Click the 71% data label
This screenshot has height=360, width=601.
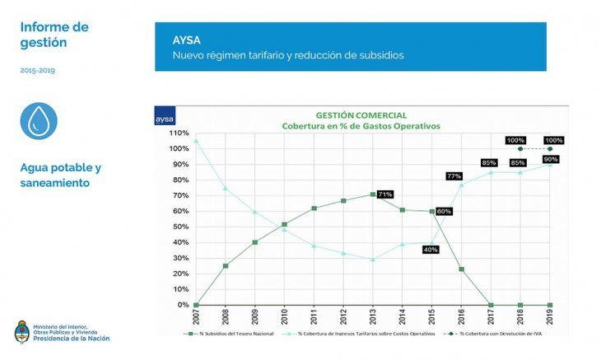pos(385,194)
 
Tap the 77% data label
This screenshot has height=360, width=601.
pos(454,175)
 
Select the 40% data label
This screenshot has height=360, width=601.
pos(430,249)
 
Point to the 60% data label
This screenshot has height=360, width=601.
pos(444,212)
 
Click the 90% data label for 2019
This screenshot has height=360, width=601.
pos(551,159)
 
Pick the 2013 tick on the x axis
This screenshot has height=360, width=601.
pos(373,315)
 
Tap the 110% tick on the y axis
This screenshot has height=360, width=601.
pos(179,133)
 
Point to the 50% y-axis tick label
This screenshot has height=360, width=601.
pos(180,227)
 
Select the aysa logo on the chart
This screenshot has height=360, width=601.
pos(165,119)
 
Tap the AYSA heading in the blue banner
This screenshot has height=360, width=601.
pos(185,40)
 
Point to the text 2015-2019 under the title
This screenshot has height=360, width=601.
pos(39,71)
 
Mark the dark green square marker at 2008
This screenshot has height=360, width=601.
pos(225,266)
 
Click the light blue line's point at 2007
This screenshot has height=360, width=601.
pos(195,141)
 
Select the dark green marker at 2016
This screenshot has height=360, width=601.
pos(461,269)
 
